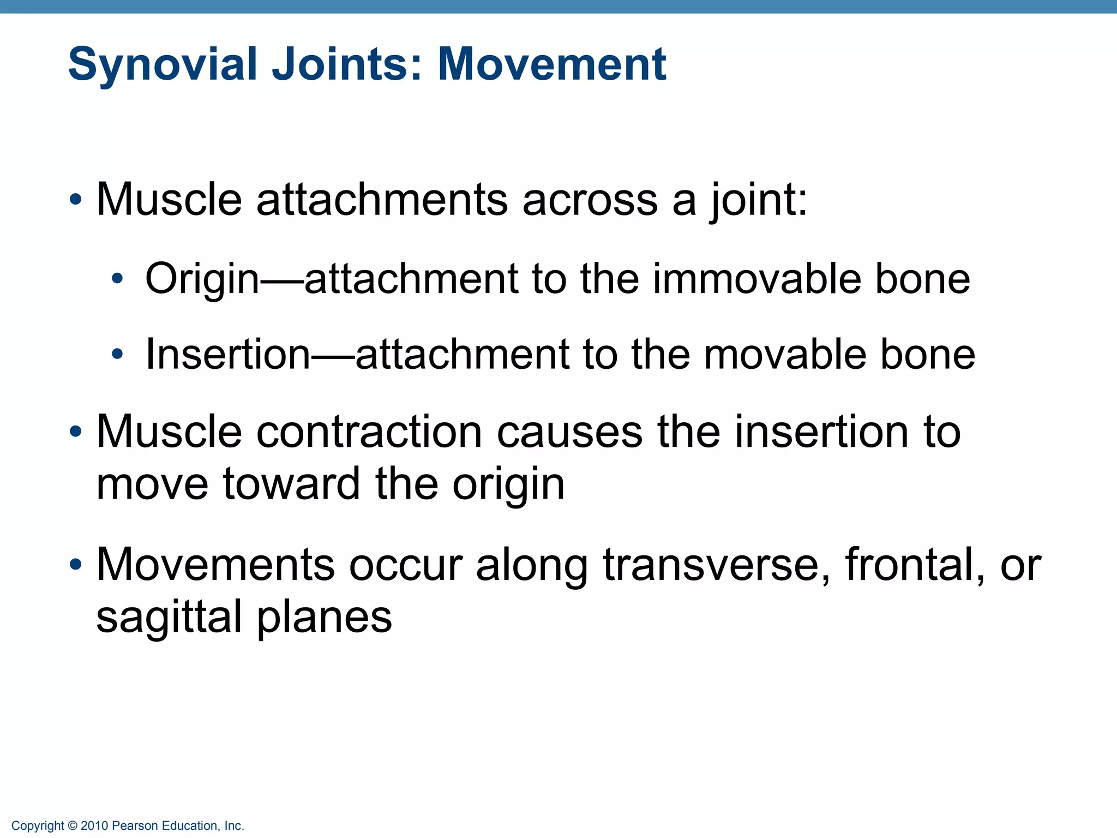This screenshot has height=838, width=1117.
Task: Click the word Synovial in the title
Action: point(163,64)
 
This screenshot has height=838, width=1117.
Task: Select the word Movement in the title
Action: point(551,64)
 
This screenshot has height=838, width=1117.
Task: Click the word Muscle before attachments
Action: point(169,200)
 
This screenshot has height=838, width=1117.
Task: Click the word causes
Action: point(569,432)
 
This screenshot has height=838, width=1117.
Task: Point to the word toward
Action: point(292,484)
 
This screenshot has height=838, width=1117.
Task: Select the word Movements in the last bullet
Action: point(215,565)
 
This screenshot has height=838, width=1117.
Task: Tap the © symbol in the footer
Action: point(73,826)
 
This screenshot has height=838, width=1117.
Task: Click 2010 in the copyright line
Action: point(94,826)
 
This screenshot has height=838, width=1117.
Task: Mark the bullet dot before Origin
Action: point(117,280)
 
